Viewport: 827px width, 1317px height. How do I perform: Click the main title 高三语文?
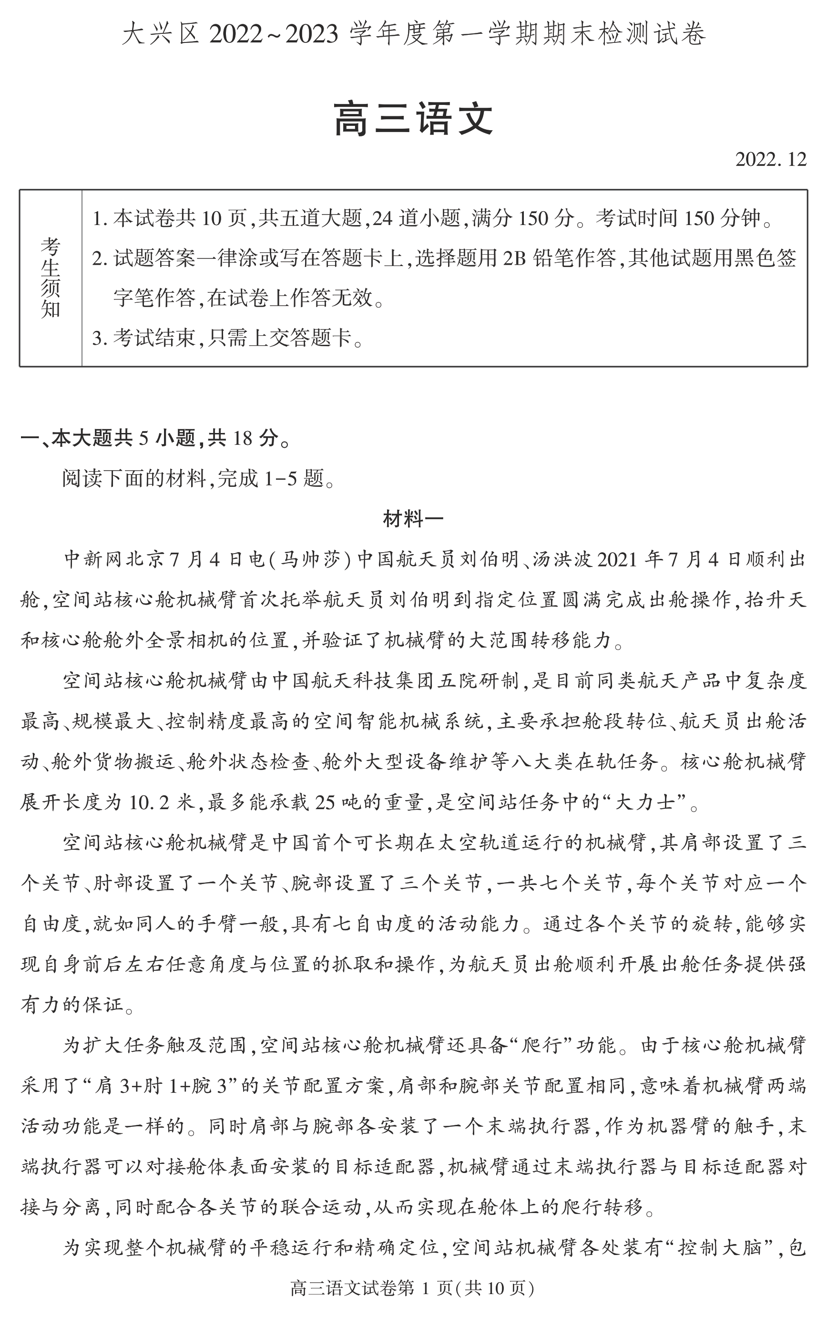pos(413,119)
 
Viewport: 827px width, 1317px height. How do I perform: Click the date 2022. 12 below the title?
pos(770,159)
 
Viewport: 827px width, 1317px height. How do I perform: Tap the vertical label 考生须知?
pos(50,278)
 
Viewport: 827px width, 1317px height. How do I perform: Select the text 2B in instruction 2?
pos(514,257)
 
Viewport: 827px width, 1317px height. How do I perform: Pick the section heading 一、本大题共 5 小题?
pos(155,438)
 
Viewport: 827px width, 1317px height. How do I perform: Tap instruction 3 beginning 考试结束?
pos(227,338)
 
